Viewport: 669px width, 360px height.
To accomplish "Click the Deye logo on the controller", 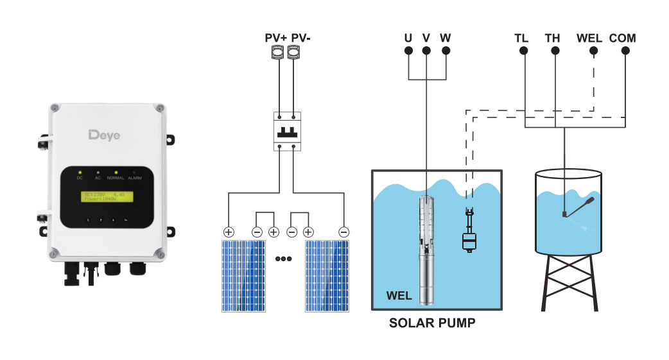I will [103, 135].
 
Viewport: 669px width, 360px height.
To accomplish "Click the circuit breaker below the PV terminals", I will [286, 131].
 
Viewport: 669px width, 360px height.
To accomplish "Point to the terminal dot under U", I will [408, 51].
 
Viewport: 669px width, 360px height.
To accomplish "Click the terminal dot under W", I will [445, 51].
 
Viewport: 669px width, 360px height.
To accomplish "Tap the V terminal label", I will [426, 37].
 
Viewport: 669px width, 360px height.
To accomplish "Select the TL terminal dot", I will [524, 51].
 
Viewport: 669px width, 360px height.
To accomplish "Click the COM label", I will [622, 37].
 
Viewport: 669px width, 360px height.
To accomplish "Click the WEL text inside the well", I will [399, 296].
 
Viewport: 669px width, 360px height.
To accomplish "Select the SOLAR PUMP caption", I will [432, 323].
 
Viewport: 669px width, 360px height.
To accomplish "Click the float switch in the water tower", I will [577, 208].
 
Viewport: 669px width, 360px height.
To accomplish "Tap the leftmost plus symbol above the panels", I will [227, 232].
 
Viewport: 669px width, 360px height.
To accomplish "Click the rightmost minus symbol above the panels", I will [343, 232].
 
